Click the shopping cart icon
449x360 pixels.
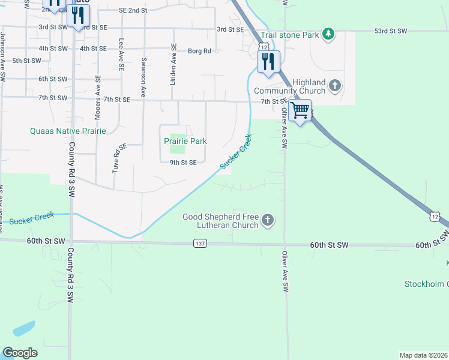[x=300, y=110]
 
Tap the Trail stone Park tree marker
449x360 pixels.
[x=328, y=34]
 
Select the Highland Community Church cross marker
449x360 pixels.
[x=335, y=86]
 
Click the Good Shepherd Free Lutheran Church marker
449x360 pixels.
[x=268, y=221]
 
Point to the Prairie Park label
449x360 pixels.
[x=185, y=141]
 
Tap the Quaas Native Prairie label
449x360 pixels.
[x=68, y=131]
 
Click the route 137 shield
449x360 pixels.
[x=200, y=243]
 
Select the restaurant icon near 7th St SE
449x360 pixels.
[x=268, y=61]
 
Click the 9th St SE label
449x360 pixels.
[x=183, y=163]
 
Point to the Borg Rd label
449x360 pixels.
[x=199, y=51]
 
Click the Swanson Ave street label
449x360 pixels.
[x=143, y=77]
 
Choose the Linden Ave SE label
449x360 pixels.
[x=173, y=64]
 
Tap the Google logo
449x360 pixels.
[x=20, y=353]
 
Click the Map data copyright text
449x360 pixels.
[x=423, y=355]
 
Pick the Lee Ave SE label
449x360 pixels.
[x=122, y=52]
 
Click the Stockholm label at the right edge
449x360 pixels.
[x=432, y=284]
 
